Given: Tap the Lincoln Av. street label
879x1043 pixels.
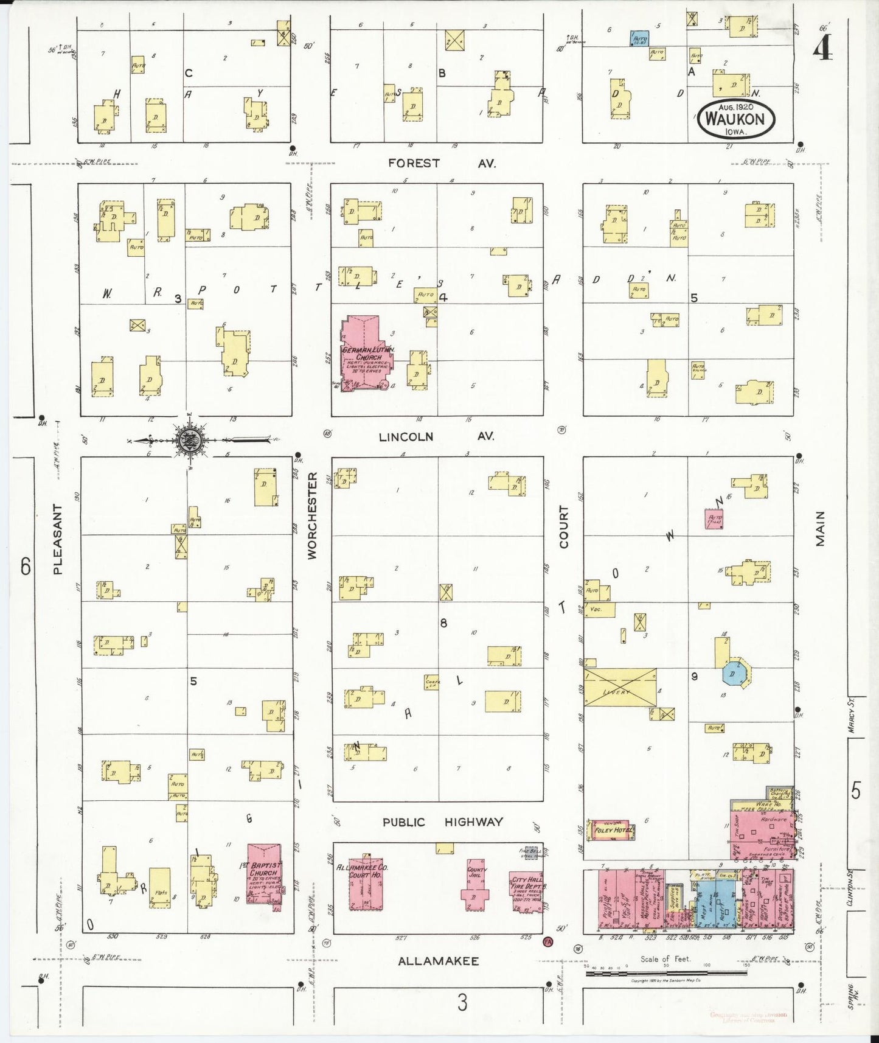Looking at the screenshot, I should coord(436,437).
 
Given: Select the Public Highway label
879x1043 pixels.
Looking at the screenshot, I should coord(442,822).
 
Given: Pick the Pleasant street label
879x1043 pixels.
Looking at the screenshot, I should coord(58,539).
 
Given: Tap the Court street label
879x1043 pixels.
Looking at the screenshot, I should coord(563,526).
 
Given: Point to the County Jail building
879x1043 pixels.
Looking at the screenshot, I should coord(476,882).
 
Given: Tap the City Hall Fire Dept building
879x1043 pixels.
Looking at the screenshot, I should coord(527,890).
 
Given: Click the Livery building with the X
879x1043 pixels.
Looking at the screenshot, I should coord(620,686).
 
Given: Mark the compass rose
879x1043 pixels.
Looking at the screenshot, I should coord(190,440).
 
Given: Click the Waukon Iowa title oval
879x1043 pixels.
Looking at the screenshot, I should coord(736,119).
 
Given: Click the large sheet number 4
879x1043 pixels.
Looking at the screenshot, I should coord(822,47).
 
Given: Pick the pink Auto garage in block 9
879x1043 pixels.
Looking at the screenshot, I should coord(714,519).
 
